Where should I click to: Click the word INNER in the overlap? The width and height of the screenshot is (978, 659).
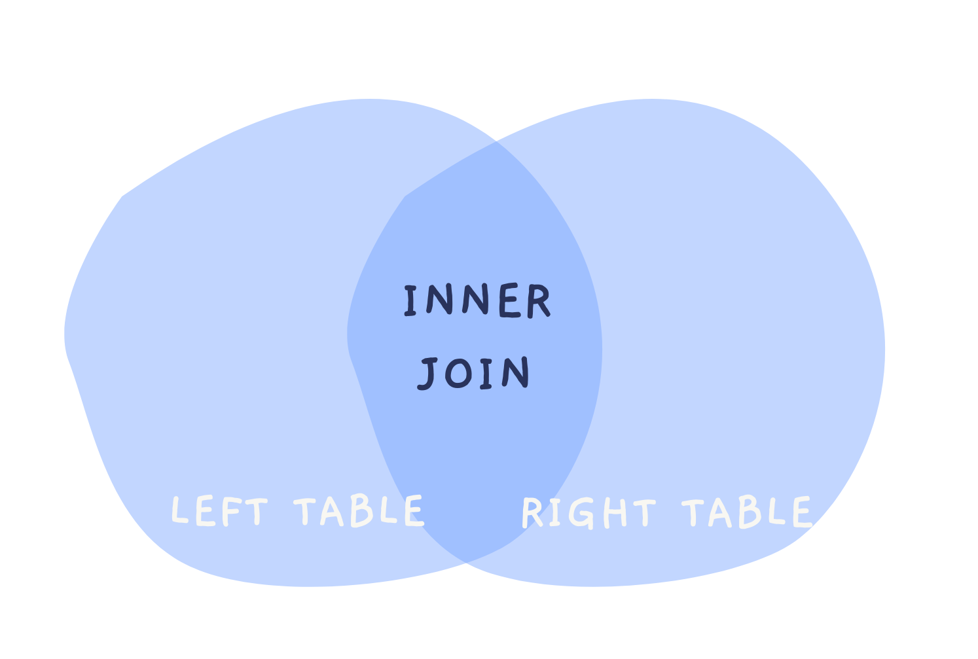coord(477,302)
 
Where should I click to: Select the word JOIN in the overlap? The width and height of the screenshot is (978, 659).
coord(474,374)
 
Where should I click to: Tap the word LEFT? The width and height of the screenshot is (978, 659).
coord(219,511)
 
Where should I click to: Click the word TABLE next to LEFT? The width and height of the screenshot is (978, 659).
coord(359,511)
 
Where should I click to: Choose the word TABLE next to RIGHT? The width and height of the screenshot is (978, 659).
coord(747,512)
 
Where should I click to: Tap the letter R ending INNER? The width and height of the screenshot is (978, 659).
coord(538,302)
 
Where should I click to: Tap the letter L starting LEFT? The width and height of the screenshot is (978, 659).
coord(179,510)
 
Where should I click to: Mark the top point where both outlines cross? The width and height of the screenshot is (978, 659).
coord(496,142)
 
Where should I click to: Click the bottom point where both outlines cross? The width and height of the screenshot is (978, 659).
coord(465,562)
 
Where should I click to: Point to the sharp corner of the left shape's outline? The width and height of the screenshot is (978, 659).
coord(122,196)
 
